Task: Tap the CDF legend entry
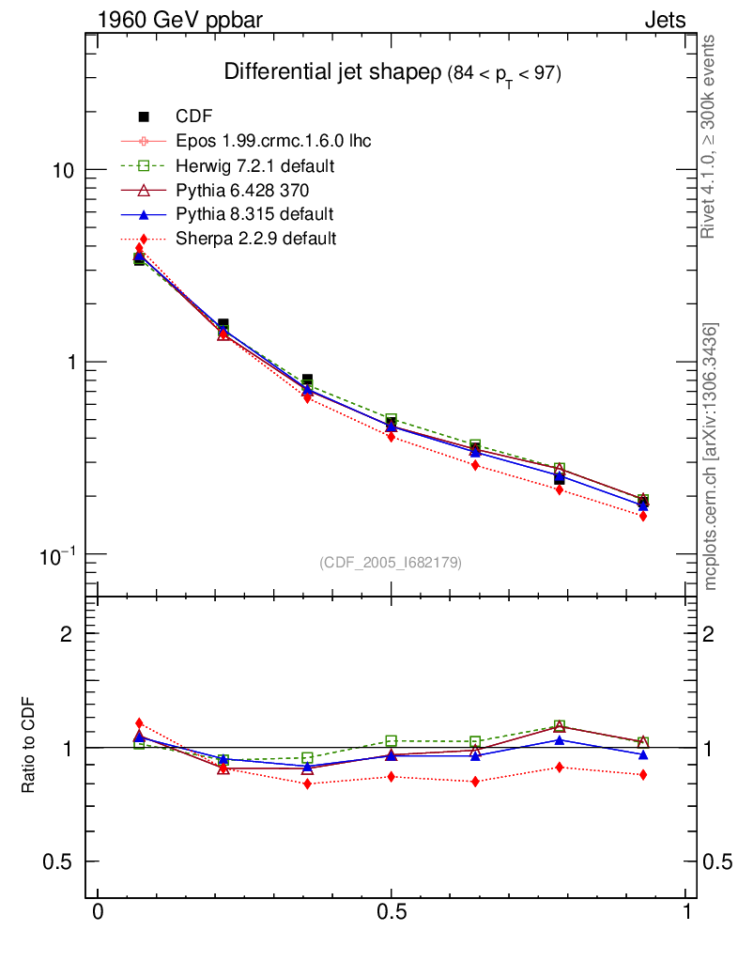point(194,116)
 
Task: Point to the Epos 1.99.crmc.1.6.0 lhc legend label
point(273,142)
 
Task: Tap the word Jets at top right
point(665,20)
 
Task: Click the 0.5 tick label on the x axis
point(392,913)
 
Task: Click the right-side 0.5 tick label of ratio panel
point(719,862)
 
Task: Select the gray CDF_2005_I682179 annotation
point(391,563)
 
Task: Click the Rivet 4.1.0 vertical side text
point(710,136)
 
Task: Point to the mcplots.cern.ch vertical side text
point(710,458)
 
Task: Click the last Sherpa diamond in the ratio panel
point(643,775)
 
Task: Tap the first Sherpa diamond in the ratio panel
point(139,723)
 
